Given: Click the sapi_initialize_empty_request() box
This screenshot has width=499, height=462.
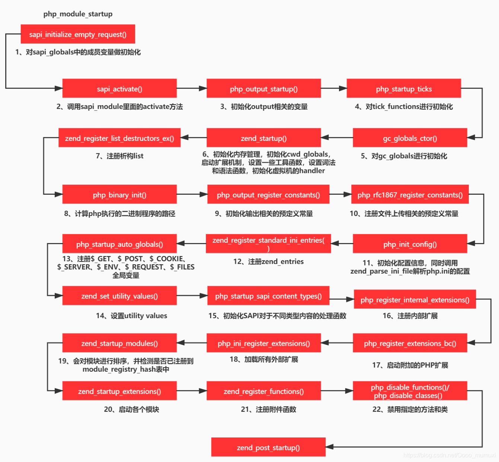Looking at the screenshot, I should (78, 34).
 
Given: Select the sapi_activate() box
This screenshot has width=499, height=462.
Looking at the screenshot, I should (119, 88).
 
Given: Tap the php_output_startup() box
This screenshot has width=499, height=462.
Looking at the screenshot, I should (263, 88).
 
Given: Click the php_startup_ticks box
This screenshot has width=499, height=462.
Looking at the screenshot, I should (404, 88).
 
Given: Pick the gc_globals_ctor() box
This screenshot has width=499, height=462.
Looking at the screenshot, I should (410, 138).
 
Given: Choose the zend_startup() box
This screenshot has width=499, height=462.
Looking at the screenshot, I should (263, 138).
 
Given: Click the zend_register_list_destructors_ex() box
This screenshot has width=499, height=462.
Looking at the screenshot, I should (119, 138).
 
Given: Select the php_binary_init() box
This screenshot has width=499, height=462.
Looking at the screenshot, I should (119, 194).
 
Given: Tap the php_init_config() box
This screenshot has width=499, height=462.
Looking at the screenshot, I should (410, 244).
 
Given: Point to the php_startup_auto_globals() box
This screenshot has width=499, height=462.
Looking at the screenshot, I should (119, 244).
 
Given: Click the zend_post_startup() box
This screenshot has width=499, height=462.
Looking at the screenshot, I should (268, 447).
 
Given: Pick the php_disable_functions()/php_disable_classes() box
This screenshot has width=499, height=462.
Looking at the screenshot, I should (410, 391).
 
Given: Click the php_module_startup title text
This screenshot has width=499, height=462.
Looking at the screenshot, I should (78, 14).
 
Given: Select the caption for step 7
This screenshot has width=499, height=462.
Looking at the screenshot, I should (119, 156).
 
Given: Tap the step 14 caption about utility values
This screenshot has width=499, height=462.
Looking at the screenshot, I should (131, 316).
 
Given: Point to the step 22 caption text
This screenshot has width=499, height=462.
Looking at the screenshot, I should (410, 410).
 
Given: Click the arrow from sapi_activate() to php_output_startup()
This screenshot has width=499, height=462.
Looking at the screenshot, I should (192, 88).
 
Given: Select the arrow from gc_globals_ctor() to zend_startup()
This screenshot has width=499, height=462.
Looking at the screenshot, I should (337, 138).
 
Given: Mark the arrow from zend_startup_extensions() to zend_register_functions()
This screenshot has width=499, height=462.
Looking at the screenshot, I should (192, 391).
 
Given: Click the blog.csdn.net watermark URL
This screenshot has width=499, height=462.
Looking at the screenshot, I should (449, 455).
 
